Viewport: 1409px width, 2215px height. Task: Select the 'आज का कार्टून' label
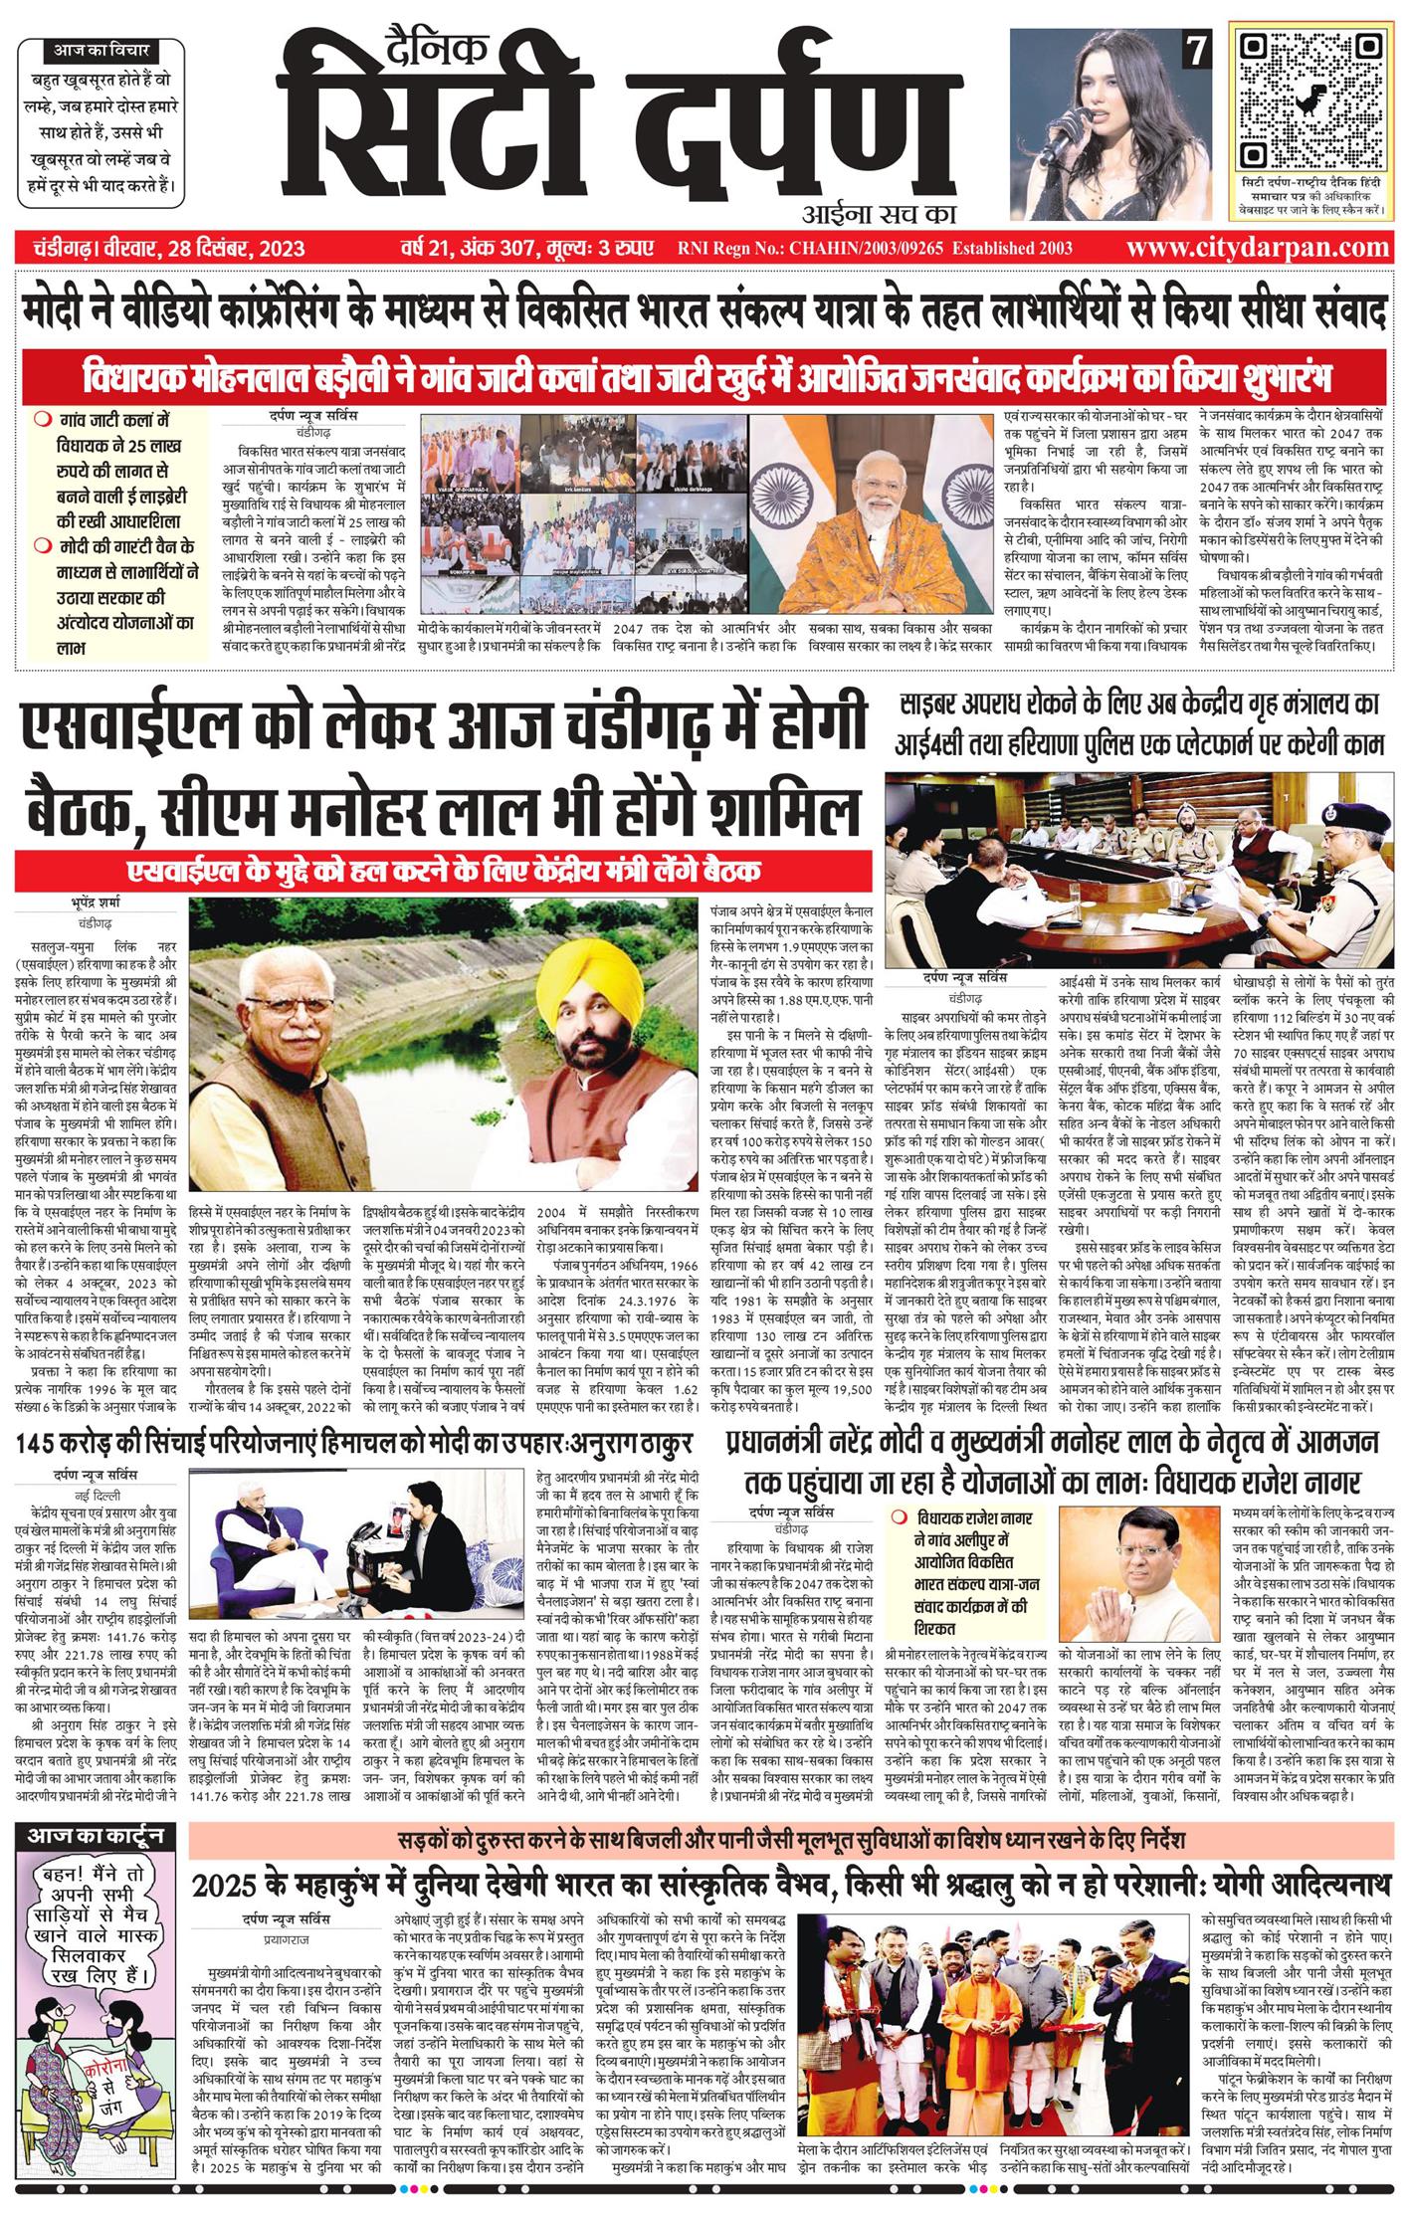tap(96, 1834)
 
